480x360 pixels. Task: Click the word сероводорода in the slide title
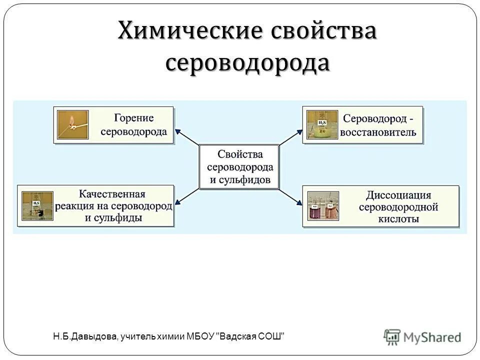click(247, 63)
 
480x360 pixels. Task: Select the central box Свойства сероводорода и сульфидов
click(239, 167)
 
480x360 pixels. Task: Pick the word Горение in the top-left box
click(133, 118)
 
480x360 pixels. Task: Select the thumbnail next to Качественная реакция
click(37, 206)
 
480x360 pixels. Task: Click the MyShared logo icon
click(392, 336)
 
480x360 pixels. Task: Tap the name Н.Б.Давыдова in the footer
click(84, 336)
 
